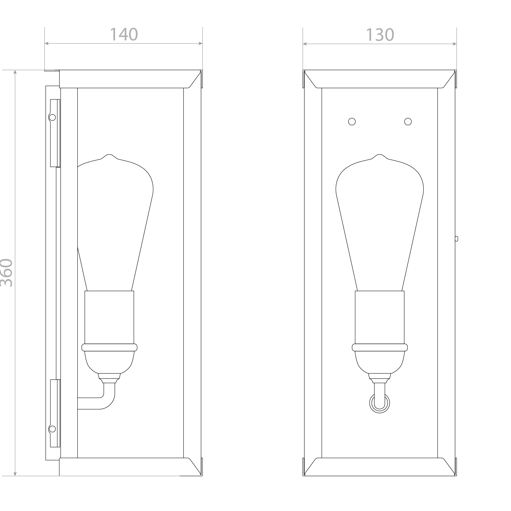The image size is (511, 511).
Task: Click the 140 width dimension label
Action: coord(124,34)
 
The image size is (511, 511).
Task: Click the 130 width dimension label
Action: coord(380,35)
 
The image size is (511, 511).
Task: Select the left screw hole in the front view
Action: coord(352,121)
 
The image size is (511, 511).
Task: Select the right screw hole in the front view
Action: coord(408,121)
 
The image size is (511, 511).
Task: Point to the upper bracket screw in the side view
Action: coord(52,117)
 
